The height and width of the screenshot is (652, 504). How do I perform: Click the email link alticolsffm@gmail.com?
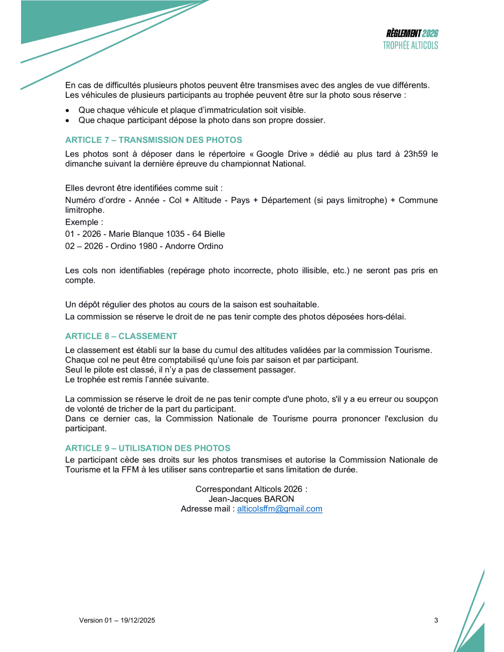(x=279, y=509)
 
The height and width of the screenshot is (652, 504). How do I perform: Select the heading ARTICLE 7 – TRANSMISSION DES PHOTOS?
(x=153, y=140)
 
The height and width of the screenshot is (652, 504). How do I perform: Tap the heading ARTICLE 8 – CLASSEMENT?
(x=121, y=336)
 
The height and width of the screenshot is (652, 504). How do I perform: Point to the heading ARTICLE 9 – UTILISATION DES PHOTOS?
(x=147, y=448)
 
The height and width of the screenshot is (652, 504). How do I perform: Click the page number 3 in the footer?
(x=436, y=620)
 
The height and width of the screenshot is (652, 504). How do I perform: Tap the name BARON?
(x=279, y=499)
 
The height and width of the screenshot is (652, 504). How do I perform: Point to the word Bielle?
(x=214, y=234)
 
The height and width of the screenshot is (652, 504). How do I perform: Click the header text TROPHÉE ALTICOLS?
(x=410, y=45)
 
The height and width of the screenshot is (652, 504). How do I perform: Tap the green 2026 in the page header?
(x=430, y=33)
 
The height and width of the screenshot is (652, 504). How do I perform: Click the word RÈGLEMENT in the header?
(x=403, y=33)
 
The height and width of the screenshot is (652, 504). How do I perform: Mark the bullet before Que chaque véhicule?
(x=68, y=110)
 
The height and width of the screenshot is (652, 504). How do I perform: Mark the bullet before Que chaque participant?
(x=68, y=120)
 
